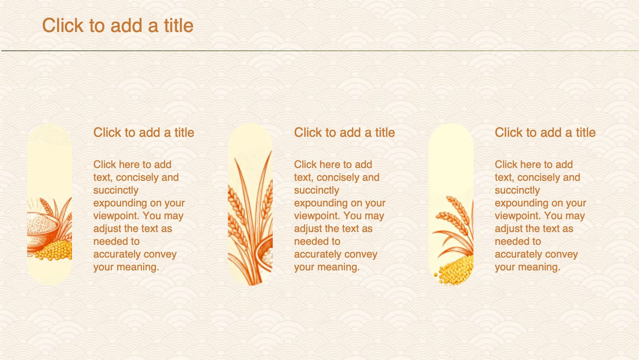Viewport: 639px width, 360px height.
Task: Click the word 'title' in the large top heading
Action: [179, 25]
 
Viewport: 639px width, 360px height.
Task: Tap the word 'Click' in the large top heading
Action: [63, 25]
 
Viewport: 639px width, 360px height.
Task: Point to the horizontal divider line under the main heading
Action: [320, 51]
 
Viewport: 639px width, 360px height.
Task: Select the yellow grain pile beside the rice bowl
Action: [56, 250]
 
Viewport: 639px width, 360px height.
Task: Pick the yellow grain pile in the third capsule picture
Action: [455, 270]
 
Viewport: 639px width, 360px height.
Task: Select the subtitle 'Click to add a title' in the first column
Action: [144, 133]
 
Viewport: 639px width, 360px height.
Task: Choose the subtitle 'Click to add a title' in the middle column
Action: [344, 133]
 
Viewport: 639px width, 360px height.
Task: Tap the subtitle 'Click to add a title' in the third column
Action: [545, 133]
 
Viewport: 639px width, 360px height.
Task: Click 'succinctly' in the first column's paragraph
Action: [116, 190]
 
